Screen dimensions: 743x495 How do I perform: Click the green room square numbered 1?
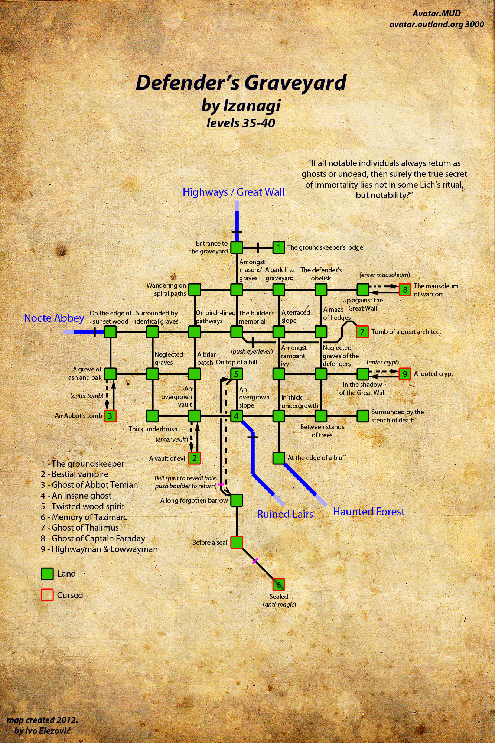[279, 247]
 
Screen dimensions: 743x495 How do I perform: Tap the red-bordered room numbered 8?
[405, 289]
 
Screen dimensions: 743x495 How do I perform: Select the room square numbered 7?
[362, 331]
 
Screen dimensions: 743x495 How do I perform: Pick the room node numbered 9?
[405, 374]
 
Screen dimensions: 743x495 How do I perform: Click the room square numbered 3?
[110, 416]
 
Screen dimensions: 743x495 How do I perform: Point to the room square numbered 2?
[194, 458]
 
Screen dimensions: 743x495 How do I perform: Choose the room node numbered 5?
[237, 374]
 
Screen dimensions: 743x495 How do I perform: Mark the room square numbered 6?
[279, 585]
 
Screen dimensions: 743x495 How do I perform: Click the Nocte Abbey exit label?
[54, 318]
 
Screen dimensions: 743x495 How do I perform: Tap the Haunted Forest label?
[369, 512]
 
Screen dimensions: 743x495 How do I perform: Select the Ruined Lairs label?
[285, 514]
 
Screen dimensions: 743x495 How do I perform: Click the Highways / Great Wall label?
[234, 192]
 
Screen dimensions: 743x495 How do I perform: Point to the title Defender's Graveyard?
[241, 82]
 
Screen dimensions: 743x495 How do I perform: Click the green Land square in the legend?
[47, 574]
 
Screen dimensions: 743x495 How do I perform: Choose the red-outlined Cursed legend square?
[47, 595]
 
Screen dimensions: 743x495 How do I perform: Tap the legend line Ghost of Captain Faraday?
[93, 538]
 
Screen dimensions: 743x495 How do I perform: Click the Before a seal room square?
[237, 542]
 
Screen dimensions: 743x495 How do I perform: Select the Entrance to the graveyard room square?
[237, 247]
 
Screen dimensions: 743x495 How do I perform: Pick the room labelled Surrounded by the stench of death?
[363, 416]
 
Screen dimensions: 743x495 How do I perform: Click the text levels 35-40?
[241, 123]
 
